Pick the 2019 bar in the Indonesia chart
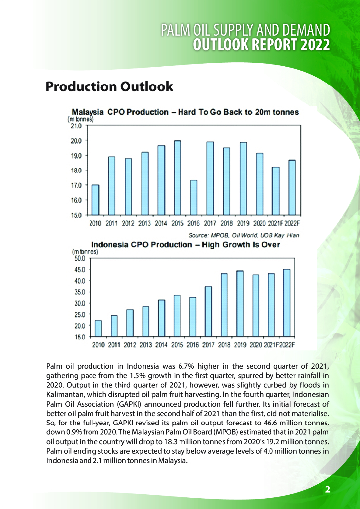point(239,303)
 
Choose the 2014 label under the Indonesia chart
point(161,344)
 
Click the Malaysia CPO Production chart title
point(185,112)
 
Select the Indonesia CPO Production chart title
point(185,245)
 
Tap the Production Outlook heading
point(109,86)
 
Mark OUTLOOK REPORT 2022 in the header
point(262,45)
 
